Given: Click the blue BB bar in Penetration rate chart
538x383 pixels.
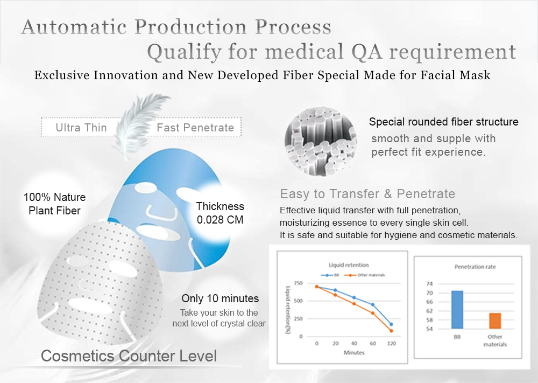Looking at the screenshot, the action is click(x=457, y=310).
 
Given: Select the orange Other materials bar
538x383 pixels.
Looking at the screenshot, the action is click(x=495, y=321).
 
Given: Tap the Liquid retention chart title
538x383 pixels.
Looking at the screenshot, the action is click(x=349, y=265).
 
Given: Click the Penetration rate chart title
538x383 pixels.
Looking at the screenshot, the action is click(x=475, y=267).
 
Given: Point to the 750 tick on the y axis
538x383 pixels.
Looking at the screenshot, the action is click(x=298, y=283).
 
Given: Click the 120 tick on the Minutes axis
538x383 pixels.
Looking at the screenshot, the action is click(x=392, y=343).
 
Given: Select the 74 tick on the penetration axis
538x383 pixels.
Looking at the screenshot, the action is click(x=429, y=284).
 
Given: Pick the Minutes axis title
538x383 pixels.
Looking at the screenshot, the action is click(x=354, y=352).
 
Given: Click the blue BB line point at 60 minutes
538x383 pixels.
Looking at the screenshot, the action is click(x=373, y=305).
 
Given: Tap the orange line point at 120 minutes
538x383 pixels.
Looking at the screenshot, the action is click(x=391, y=331).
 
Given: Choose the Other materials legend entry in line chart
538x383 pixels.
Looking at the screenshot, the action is click(x=365, y=275).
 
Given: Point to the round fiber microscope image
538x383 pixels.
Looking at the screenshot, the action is click(x=321, y=141).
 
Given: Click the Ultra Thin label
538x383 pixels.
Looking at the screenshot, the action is click(x=81, y=128).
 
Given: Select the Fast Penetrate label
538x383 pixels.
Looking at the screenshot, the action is click(x=195, y=128).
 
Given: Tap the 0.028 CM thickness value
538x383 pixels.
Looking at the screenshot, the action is click(x=220, y=219).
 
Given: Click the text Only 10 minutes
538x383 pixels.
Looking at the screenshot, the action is click(x=220, y=298).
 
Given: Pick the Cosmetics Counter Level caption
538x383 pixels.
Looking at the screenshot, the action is click(x=129, y=356).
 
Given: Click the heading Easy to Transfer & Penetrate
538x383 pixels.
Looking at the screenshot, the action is click(x=367, y=194).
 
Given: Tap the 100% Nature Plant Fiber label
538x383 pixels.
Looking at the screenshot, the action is click(x=54, y=204).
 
